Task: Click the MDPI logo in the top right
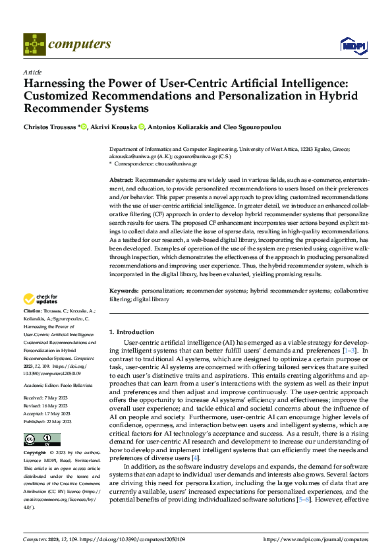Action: click(352, 44)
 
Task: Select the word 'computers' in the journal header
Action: click(80, 44)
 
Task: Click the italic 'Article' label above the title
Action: click(32, 72)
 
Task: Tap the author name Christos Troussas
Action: click(50, 127)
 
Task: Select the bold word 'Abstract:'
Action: click(121, 180)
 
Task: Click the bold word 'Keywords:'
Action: click(123, 290)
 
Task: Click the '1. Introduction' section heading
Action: click(132, 332)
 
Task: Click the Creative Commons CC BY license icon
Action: click(42, 440)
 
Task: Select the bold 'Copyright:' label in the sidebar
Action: click(35, 454)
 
